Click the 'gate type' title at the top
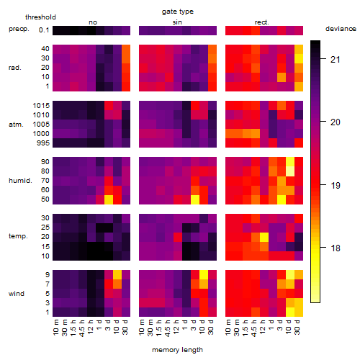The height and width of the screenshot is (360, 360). tap(178, 12)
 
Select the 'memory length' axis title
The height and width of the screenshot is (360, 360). tap(177, 350)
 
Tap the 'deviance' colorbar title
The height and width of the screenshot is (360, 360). tap(341, 29)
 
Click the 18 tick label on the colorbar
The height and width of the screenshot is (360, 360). tap(336, 248)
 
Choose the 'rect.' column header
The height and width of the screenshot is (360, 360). tap(261, 22)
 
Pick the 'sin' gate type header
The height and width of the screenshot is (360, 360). tap(177, 22)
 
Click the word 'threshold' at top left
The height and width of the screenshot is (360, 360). tap(40, 17)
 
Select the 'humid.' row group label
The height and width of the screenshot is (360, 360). tap(20, 181)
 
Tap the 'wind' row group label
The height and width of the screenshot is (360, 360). tap(17, 294)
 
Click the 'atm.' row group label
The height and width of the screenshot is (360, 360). tap(16, 125)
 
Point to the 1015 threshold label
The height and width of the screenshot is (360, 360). tap(41, 106)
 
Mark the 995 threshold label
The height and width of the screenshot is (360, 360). tap(43, 143)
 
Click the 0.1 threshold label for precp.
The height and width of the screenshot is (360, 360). tap(44, 30)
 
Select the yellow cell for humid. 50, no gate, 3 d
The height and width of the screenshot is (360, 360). tap(109, 199)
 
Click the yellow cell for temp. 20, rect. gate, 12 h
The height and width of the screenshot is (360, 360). tap(264, 237)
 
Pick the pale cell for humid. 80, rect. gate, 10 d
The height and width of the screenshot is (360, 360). tap(290, 171)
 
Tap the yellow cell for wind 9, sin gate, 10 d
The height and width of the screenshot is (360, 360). tap(204, 274)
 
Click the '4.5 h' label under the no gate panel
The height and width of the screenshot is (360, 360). tap(81, 328)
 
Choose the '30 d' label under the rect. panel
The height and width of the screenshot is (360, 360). tap(297, 327)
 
